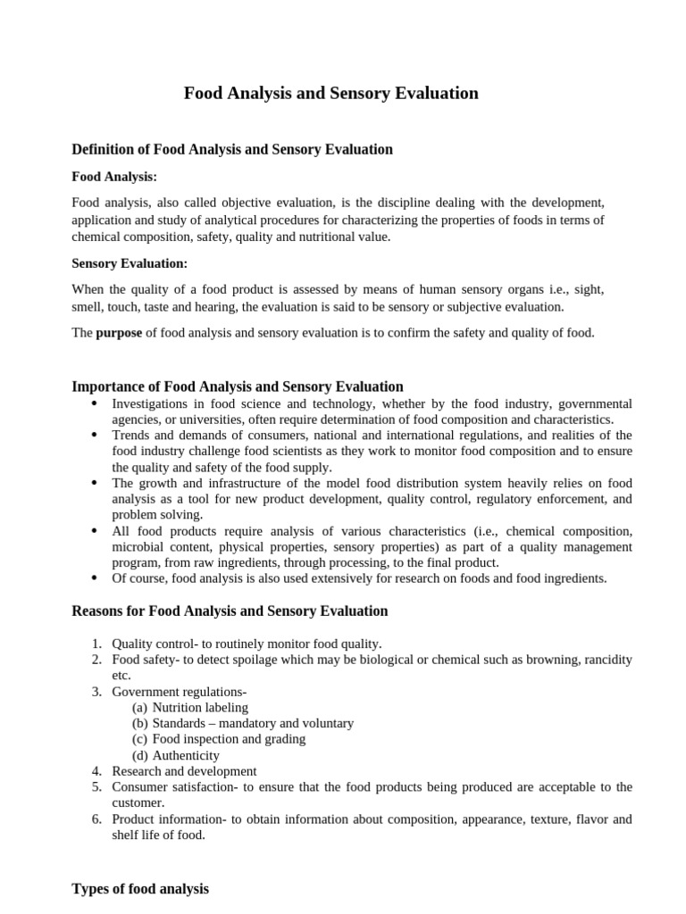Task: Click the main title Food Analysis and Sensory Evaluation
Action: tap(330, 93)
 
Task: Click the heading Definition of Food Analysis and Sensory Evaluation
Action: tap(231, 149)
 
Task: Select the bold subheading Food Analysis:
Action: tap(114, 177)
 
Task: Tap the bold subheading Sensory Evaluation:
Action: tap(130, 263)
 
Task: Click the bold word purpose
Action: tap(119, 333)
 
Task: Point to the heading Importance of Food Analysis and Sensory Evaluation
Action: tap(237, 386)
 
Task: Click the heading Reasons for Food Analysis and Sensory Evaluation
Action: tap(230, 611)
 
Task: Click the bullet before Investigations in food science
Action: tap(95, 403)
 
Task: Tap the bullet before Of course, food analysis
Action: tap(95, 577)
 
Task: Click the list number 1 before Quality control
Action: tap(97, 644)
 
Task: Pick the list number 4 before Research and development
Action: tap(97, 770)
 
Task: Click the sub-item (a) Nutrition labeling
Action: tap(190, 707)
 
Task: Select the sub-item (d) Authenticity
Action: tap(176, 755)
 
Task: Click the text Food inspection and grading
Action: tap(229, 739)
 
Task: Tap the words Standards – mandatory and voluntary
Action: tap(253, 723)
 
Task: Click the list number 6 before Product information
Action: tap(97, 818)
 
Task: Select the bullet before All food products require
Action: tap(95, 530)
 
